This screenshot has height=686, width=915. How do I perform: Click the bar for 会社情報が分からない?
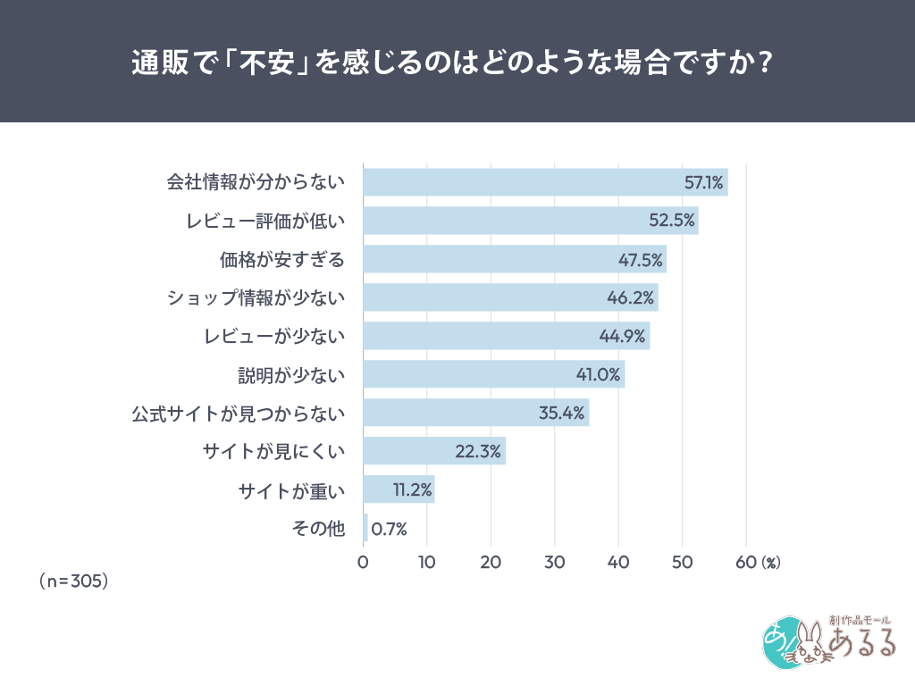click(545, 182)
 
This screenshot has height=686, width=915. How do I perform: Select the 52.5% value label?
click(672, 221)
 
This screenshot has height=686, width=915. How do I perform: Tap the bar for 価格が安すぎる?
click(514, 259)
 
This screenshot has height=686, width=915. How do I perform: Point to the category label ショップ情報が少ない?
click(256, 297)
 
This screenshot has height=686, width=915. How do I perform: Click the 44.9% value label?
click(623, 336)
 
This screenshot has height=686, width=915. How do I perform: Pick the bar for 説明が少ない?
click(493, 374)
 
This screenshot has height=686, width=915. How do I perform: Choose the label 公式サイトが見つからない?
click(238, 413)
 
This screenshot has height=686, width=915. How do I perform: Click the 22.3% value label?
click(477, 451)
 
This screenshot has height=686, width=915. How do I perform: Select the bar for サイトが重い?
click(399, 489)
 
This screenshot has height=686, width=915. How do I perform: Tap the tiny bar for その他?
click(365, 528)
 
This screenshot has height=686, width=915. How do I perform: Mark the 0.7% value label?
click(389, 529)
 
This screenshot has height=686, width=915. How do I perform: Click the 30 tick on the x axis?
click(554, 562)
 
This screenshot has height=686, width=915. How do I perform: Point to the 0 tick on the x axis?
click(363, 562)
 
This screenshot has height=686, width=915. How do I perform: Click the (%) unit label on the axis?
click(771, 563)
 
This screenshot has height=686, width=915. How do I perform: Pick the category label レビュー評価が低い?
click(264, 221)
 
